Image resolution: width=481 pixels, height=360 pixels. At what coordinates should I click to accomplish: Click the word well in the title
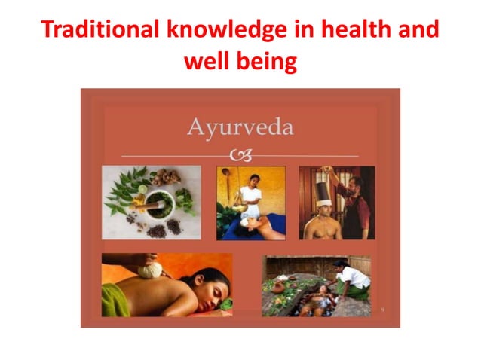tap(206, 62)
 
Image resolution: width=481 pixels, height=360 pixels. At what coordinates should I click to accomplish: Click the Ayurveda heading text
tap(240, 127)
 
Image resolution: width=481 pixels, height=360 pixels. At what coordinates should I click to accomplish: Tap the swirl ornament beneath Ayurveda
tap(240, 155)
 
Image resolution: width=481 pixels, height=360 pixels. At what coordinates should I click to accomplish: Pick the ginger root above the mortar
tap(164, 178)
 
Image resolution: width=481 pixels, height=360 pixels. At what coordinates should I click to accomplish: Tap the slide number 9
tap(382, 310)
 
